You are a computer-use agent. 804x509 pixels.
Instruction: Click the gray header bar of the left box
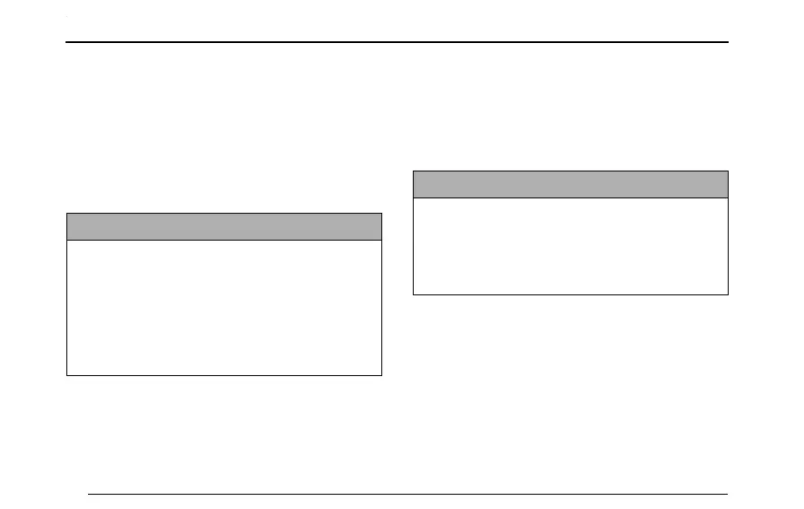(x=224, y=226)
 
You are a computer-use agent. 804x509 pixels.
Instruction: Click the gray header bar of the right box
(x=570, y=184)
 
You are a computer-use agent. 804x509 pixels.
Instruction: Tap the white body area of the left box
(x=224, y=307)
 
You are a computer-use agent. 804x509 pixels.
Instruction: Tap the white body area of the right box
(x=570, y=246)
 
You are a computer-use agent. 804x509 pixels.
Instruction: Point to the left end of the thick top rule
(x=67, y=42)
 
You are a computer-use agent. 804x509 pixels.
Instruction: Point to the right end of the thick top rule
(x=728, y=42)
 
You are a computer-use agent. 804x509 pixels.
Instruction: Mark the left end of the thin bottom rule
(x=88, y=493)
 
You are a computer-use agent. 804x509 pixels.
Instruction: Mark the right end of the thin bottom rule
(x=728, y=493)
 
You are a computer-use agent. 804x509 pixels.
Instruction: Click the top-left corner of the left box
(x=67, y=213)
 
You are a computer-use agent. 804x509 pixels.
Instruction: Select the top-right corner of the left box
(x=382, y=213)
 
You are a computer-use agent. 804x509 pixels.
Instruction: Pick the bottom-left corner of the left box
(x=67, y=374)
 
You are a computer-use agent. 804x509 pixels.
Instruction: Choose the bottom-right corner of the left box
(x=382, y=374)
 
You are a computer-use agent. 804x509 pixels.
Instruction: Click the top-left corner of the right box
(x=413, y=171)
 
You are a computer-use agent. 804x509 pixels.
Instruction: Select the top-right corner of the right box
(x=728, y=171)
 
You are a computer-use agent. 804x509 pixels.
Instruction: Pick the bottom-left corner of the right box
(x=413, y=294)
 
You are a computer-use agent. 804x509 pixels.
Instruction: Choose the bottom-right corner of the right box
(x=728, y=294)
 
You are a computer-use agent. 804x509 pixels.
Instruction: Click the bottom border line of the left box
(x=224, y=374)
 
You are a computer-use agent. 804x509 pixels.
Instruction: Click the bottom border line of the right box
(x=570, y=294)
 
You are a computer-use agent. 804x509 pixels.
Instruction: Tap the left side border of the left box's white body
(x=67, y=307)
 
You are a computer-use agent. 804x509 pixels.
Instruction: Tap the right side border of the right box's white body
(x=728, y=246)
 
